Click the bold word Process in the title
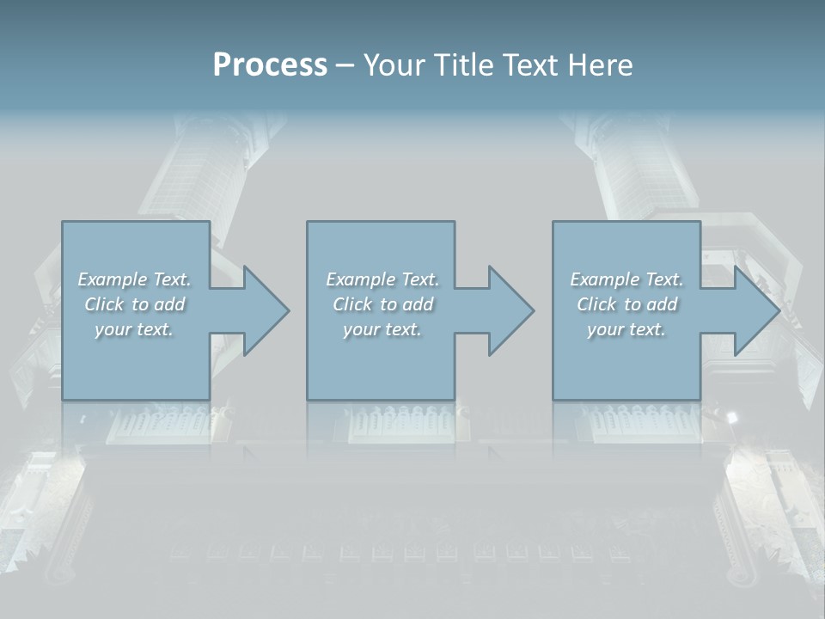[x=270, y=65]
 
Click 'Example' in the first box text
[x=112, y=279]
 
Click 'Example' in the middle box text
[x=360, y=279]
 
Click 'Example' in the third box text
[x=604, y=279]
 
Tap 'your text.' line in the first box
[x=134, y=329]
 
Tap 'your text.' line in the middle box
[x=382, y=329]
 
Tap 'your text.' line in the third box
[x=626, y=329]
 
